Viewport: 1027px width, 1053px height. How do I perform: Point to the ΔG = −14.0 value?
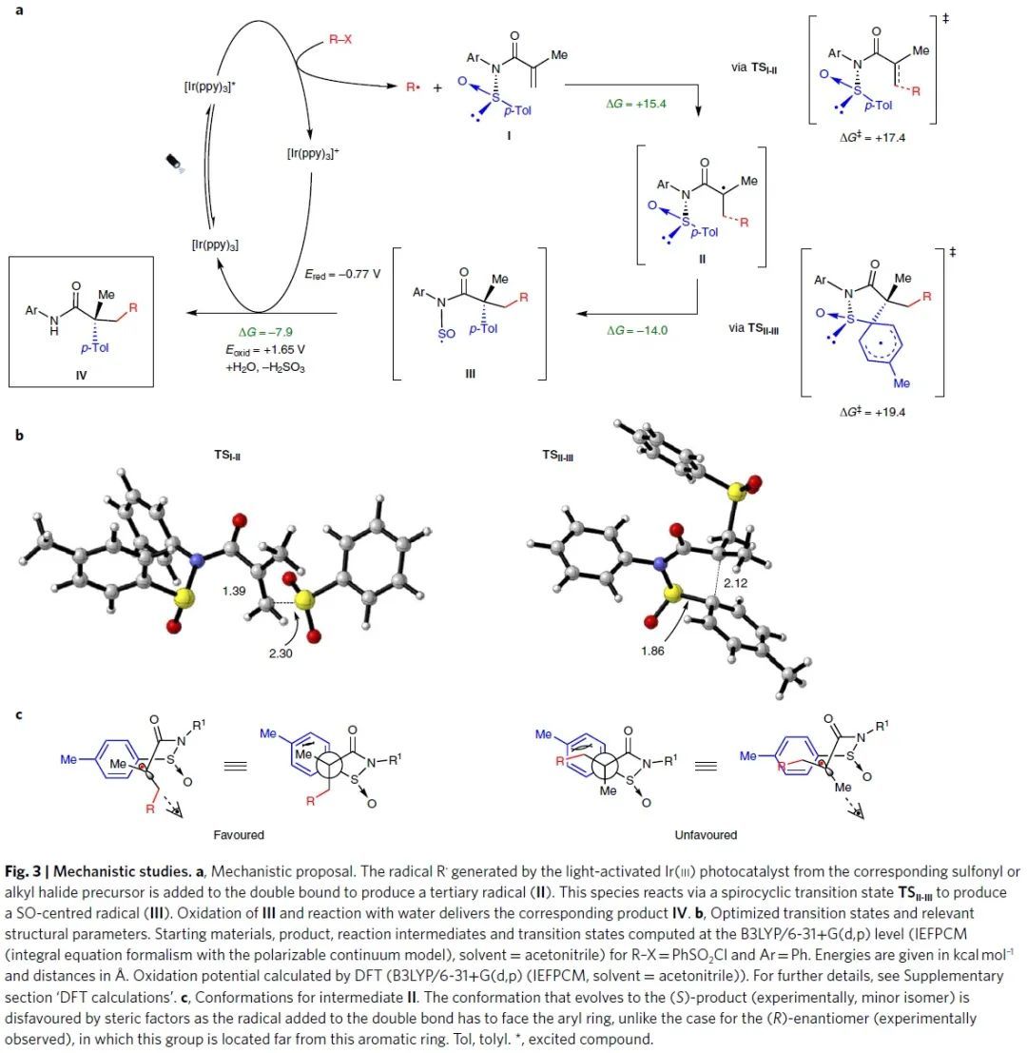point(636,330)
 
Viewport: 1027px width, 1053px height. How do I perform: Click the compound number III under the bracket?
point(470,374)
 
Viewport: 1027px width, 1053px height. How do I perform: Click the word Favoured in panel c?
point(239,834)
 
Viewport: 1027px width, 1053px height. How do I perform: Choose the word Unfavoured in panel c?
point(707,834)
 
